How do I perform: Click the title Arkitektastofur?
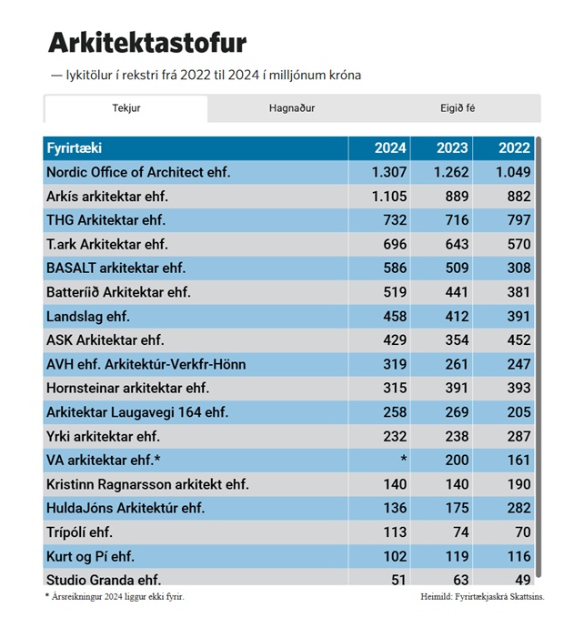coord(146,43)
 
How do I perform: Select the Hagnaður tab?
coord(292,108)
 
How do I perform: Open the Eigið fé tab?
coord(458,108)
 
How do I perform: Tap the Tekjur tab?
coord(126,108)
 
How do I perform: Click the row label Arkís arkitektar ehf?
coord(107,196)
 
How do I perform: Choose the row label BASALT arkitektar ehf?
coord(116,268)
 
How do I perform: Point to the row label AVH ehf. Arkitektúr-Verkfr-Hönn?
coord(146,364)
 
